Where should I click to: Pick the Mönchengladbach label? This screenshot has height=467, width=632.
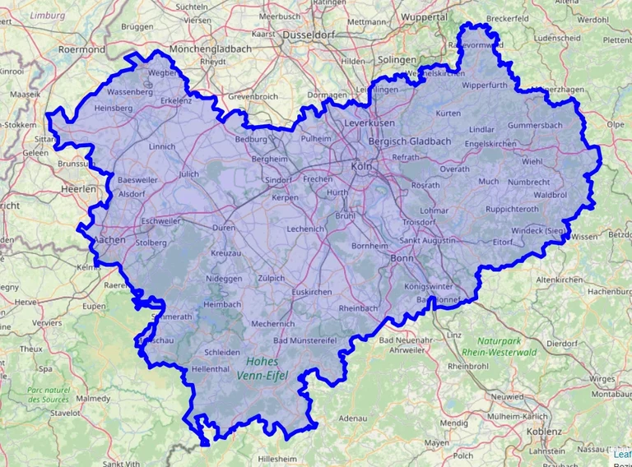pyautogui.click(x=210, y=49)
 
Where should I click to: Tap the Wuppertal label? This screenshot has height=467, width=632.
pyautogui.click(x=425, y=16)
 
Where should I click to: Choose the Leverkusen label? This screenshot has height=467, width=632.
pyautogui.click(x=369, y=122)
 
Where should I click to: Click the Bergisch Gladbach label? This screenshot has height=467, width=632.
pyautogui.click(x=410, y=141)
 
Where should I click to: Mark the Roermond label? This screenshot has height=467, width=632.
pyautogui.click(x=81, y=49)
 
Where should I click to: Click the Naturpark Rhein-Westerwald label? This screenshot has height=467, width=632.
pyautogui.click(x=499, y=345)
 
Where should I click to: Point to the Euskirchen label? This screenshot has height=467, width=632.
pyautogui.click(x=312, y=292)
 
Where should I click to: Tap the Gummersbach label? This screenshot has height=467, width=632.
pyautogui.click(x=535, y=125)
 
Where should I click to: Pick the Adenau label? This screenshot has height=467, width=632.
pyautogui.click(x=352, y=418)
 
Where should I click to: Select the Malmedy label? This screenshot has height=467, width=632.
pyautogui.click(x=92, y=398)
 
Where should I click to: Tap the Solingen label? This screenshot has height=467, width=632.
pyautogui.click(x=397, y=60)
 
